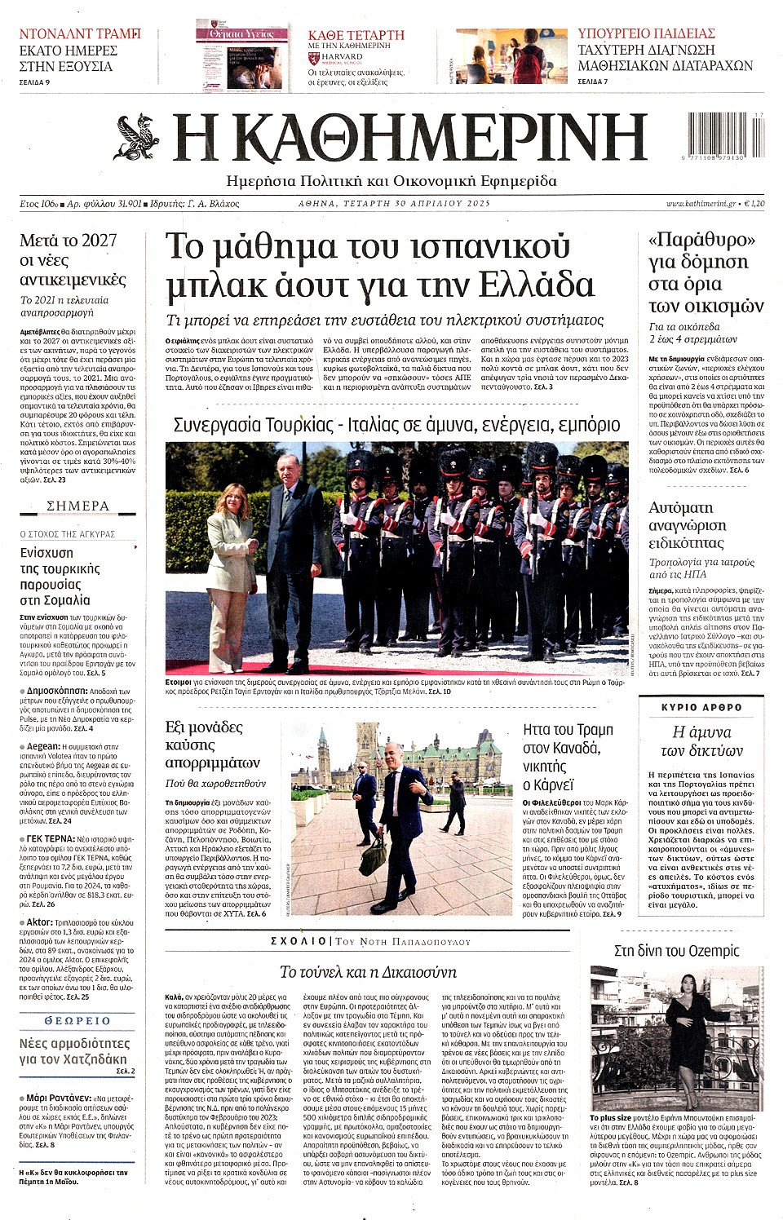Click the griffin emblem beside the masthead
[136, 136]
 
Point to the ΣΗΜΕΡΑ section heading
[77, 506]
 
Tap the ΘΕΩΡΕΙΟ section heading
[77, 1020]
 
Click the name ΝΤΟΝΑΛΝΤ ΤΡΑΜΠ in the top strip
[80, 34]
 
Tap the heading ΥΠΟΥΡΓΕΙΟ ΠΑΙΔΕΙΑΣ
[646, 33]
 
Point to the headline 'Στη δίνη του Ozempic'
[676, 951]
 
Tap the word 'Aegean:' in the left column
[43, 745]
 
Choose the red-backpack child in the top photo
[529, 57]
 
